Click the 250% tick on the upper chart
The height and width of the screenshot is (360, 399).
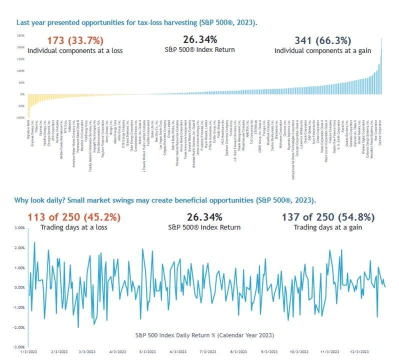click(20, 36)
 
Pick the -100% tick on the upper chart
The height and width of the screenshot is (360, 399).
click(20, 117)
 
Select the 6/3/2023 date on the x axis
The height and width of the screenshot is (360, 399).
click(177, 352)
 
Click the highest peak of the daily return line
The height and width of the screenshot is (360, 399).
click(34, 242)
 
